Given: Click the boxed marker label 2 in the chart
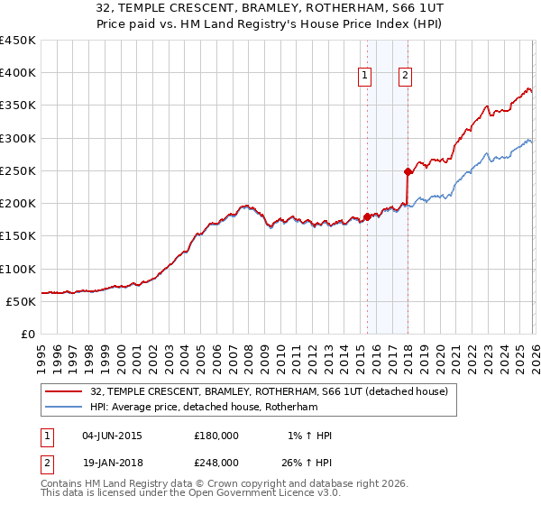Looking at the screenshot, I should [x=406, y=77].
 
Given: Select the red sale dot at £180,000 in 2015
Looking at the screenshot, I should [x=367, y=216].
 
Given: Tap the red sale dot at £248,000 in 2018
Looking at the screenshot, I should [x=408, y=171].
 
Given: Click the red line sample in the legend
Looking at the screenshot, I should [x=64, y=391].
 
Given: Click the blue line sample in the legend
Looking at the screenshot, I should [x=64, y=408].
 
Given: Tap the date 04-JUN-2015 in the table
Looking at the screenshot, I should [x=112, y=435].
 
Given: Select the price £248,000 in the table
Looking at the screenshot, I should [x=216, y=462].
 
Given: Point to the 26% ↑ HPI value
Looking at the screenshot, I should [x=307, y=462].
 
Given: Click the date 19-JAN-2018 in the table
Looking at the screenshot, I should [x=112, y=462].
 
